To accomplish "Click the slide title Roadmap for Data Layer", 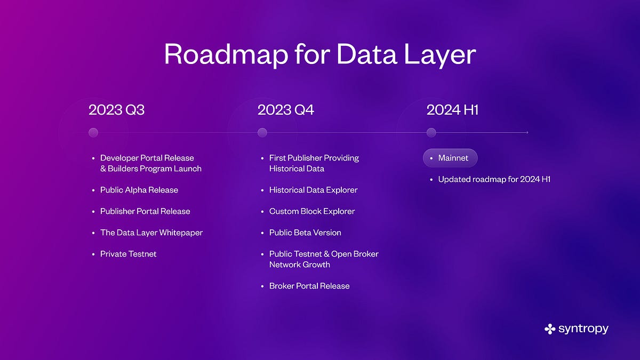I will (x=319, y=54).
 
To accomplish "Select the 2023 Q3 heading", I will (x=117, y=110).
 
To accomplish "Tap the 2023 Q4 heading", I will (x=286, y=110).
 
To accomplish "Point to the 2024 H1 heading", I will (x=452, y=110).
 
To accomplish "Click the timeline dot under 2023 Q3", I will (x=93, y=132).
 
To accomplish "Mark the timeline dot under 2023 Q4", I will (x=262, y=132).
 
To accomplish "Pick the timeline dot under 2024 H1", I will (x=431, y=132).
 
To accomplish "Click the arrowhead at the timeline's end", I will (x=527, y=132).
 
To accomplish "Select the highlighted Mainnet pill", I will (x=450, y=158).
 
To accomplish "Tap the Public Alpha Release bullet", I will (x=139, y=190).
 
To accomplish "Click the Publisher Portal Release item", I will (x=145, y=211).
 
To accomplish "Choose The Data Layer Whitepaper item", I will (x=151, y=233).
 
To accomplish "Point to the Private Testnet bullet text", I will (x=129, y=254).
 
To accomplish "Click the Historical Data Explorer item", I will (x=313, y=190).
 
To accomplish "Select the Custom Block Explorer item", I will (x=312, y=211).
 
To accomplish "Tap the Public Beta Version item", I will (x=305, y=233).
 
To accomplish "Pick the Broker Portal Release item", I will (x=309, y=286).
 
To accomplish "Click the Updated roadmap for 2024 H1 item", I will (x=494, y=179).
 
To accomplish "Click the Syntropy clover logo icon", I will (x=550, y=329).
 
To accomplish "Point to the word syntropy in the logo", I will (x=583, y=329).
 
